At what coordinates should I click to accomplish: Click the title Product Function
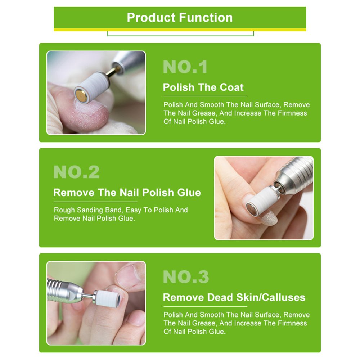[180, 17]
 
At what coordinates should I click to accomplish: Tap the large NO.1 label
[185, 67]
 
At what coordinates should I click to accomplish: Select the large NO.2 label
[76, 172]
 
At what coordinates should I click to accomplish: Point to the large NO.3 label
[186, 277]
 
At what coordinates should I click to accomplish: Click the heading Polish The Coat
[203, 87]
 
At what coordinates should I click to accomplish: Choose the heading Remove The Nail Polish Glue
[127, 192]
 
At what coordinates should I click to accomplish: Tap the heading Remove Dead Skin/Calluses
[234, 297]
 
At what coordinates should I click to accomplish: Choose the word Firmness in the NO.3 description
[292, 323]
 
